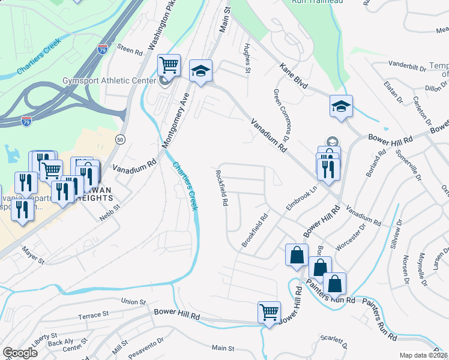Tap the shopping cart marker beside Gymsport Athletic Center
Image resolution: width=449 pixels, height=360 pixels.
coord(169,65)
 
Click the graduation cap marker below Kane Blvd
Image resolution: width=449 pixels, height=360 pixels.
coord(342,107)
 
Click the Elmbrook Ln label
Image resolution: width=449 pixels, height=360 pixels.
coord(301,197)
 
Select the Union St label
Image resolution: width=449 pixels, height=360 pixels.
coord(133,301)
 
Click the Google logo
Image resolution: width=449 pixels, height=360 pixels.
coord(20,353)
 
